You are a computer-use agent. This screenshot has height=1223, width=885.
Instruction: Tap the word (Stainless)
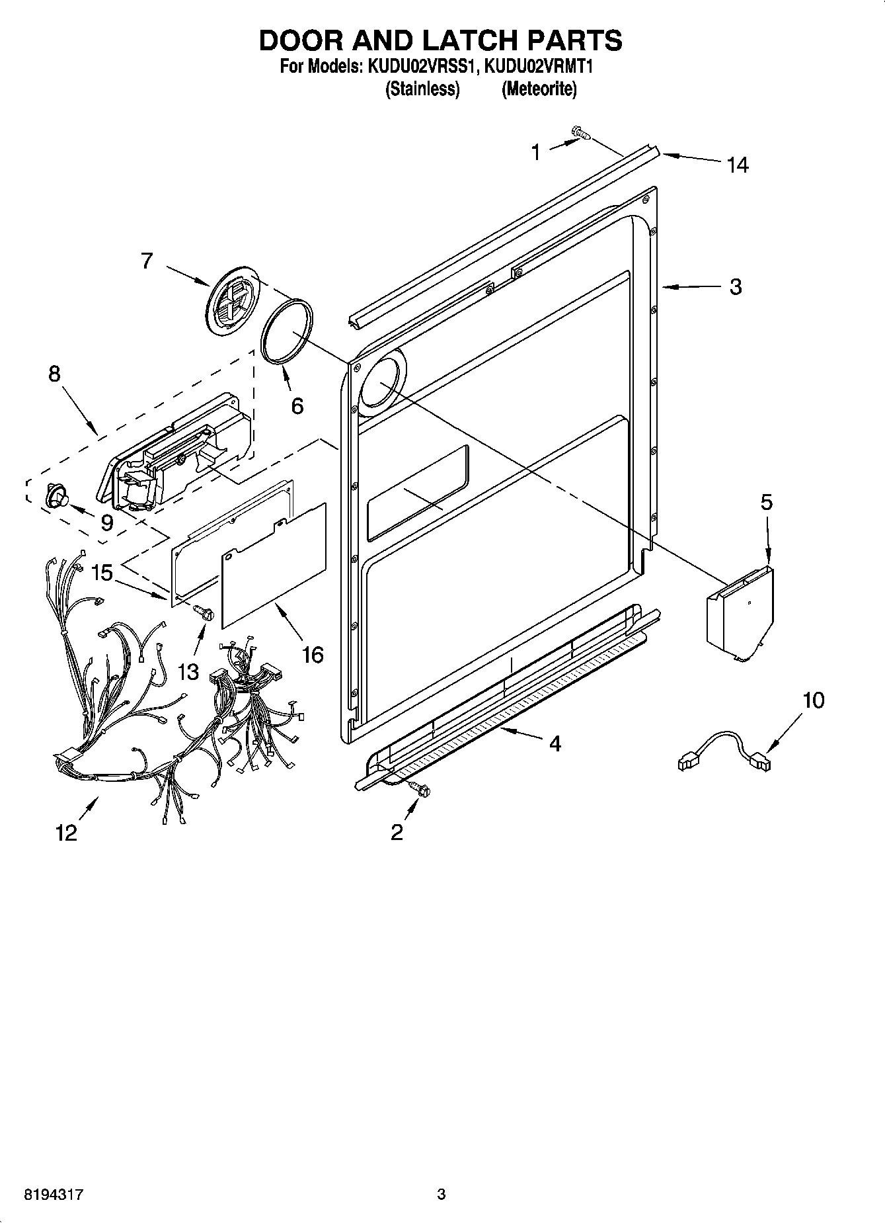coord(422,89)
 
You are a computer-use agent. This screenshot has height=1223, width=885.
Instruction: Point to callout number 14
coord(738,165)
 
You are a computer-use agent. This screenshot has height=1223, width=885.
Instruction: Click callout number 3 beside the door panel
coord(736,287)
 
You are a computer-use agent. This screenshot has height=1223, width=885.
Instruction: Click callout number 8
coord(54,374)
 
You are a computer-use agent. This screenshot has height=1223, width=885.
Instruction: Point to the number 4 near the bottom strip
coord(555,743)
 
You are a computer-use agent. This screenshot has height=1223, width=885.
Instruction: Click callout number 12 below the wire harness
coord(67,832)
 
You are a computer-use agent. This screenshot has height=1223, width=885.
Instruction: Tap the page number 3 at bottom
coord(442,1195)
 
